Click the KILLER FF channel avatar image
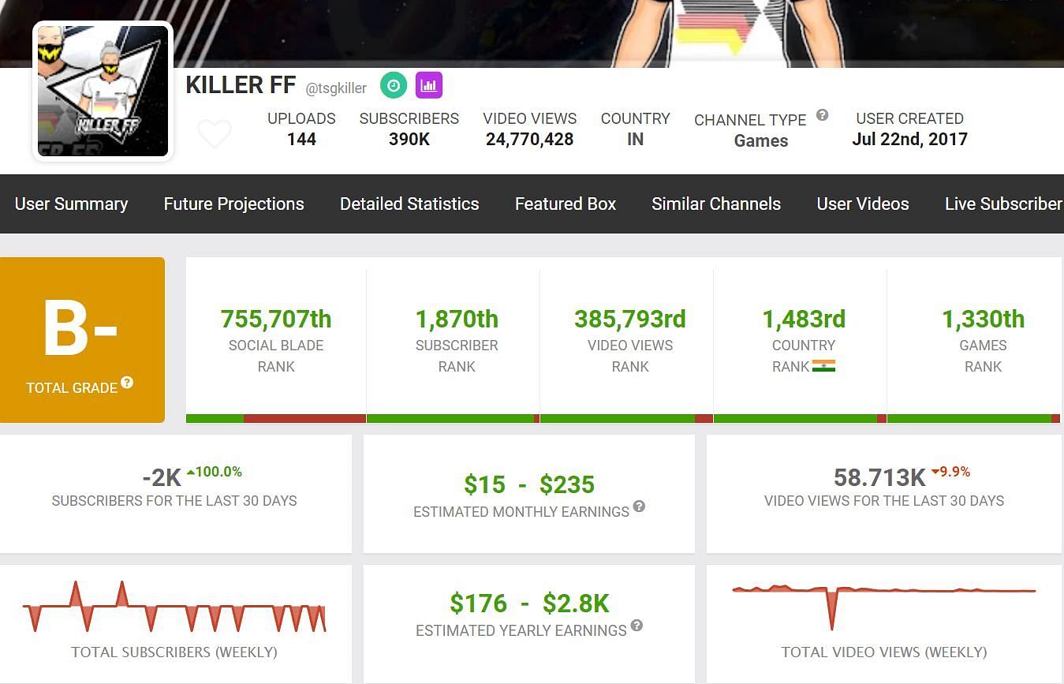pyautogui.click(x=103, y=91)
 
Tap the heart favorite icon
pyautogui.click(x=214, y=134)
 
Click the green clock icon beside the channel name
pyautogui.click(x=394, y=85)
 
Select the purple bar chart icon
pyautogui.click(x=429, y=85)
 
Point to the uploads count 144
pyautogui.click(x=301, y=140)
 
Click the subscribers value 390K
pyautogui.click(x=409, y=140)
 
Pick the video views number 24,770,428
pyautogui.click(x=529, y=140)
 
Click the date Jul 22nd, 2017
pyautogui.click(x=909, y=140)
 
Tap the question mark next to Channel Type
pyautogui.click(x=822, y=115)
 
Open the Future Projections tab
pyautogui.click(x=233, y=204)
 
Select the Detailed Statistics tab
pyautogui.click(x=409, y=204)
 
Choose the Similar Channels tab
pyautogui.click(x=716, y=204)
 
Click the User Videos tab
pyautogui.click(x=863, y=204)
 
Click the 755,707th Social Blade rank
pyautogui.click(x=276, y=320)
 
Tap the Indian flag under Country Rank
pyautogui.click(x=823, y=366)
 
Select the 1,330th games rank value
pyautogui.click(x=983, y=320)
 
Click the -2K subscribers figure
pyautogui.click(x=162, y=477)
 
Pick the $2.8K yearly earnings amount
pyautogui.click(x=576, y=604)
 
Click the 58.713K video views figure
pyautogui.click(x=879, y=477)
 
